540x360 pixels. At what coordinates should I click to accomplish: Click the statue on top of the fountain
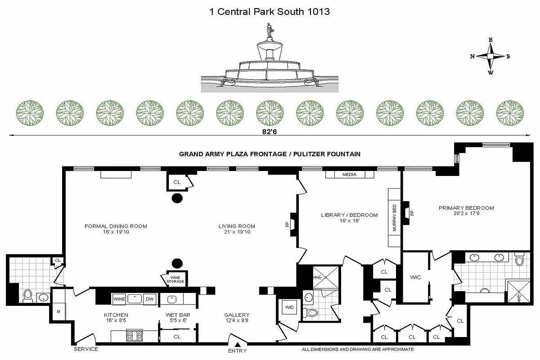[x=269, y=30]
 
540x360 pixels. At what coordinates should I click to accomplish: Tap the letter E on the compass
[x=490, y=40]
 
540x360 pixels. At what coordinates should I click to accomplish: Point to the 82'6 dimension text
[x=270, y=132]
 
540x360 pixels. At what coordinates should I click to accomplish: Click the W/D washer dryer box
[x=289, y=307]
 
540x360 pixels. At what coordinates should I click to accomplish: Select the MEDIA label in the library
[x=349, y=174]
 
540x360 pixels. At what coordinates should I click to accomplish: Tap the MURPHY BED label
[x=394, y=218]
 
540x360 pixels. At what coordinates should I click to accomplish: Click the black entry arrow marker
[x=238, y=344]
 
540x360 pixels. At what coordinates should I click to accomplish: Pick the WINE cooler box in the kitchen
[x=119, y=299]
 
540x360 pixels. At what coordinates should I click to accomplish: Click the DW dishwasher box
[x=150, y=299]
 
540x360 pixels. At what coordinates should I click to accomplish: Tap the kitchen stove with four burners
[x=134, y=335]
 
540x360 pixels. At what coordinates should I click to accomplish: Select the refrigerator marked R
[x=58, y=311]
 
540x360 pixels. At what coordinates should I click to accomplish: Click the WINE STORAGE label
[x=175, y=279]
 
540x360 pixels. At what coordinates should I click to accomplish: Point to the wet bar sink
[x=171, y=299]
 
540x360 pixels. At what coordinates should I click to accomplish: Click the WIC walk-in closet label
[x=415, y=277]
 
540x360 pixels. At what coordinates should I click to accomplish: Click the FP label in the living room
[x=288, y=224]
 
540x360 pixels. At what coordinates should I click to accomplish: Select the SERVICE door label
[x=86, y=349]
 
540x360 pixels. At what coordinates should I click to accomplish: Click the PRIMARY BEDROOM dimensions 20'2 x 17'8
[x=467, y=213]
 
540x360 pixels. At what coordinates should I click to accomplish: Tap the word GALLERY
[x=237, y=315]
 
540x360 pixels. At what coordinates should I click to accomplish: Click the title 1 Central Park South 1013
[x=270, y=12]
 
